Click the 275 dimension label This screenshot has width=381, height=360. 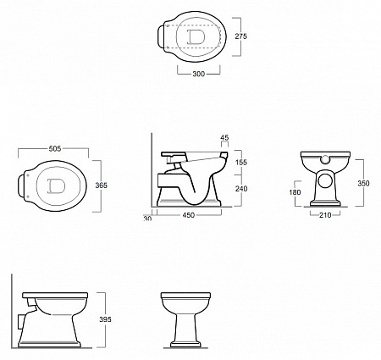(240, 36)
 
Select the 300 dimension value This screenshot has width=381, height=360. (198, 74)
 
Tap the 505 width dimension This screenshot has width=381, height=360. (55, 148)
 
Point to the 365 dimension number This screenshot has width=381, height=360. (101, 186)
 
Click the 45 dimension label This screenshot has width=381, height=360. (224, 138)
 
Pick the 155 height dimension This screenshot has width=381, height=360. (241, 162)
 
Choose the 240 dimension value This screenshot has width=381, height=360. (241, 188)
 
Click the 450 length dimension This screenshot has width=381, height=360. (189, 215)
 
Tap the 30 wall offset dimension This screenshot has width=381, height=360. (147, 218)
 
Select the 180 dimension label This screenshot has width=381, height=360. (295, 192)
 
